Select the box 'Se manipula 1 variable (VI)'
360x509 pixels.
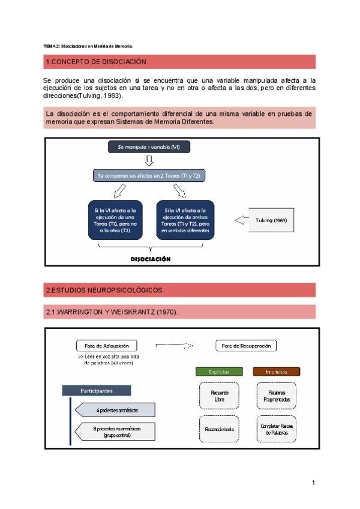click(148, 147)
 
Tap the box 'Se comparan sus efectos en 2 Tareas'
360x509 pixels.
click(148, 176)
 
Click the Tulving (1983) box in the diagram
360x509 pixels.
click(271, 220)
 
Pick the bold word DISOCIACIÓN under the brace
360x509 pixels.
click(151, 259)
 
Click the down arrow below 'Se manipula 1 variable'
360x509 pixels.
click(149, 161)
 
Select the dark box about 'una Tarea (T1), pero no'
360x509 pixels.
click(116, 220)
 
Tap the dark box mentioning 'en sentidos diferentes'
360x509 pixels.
click(185, 220)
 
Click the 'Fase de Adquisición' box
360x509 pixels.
click(106, 346)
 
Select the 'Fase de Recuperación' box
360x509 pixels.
click(246, 346)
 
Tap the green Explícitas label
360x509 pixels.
click(219, 372)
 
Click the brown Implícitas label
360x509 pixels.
click(276, 372)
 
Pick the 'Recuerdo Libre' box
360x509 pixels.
click(219, 396)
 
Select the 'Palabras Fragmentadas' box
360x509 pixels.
click(277, 396)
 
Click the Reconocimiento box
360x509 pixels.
click(219, 429)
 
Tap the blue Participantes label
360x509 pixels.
click(96, 391)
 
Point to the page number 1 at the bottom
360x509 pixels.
click(313, 482)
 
